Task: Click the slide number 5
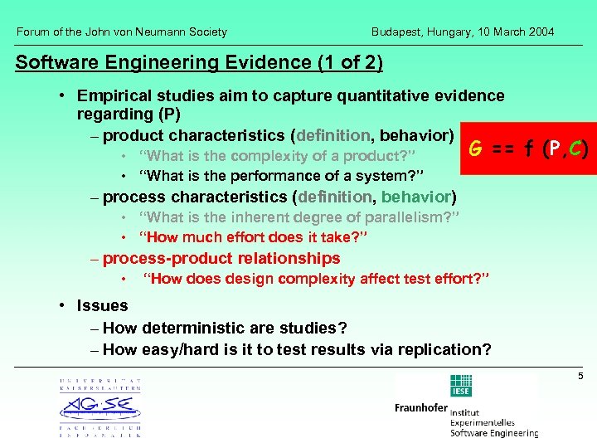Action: pyautogui.click(x=580, y=377)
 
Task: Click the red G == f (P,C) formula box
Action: pyautogui.click(x=527, y=150)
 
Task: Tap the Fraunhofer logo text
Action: pyautogui.click(x=420, y=408)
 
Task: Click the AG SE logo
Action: pyautogui.click(x=99, y=407)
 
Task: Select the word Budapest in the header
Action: pyautogui.click(x=394, y=32)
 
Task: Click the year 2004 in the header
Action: pyautogui.click(x=539, y=32)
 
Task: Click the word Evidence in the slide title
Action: pyautogui.click(x=264, y=62)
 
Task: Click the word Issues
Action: pyautogui.click(x=102, y=306)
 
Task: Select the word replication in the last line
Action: pyautogui.click(x=446, y=349)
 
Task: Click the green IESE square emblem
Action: pyautogui.click(x=460, y=386)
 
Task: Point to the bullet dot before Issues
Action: pyautogui.click(x=63, y=306)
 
